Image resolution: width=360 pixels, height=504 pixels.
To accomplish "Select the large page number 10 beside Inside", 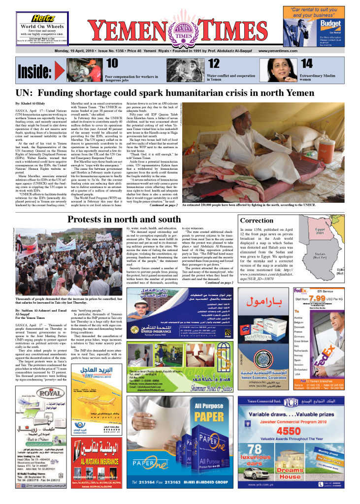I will (x=112, y=63).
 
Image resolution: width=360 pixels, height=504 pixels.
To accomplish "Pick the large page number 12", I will (x=214, y=63).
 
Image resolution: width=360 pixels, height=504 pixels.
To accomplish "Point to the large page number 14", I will (x=307, y=63).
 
